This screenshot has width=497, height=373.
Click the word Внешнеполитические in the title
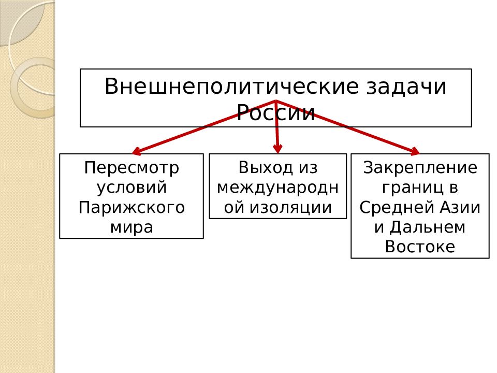tap(232, 87)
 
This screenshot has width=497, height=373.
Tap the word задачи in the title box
tap(406, 87)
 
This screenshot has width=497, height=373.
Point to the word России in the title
tap(276, 112)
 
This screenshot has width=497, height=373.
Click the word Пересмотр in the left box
tap(131, 168)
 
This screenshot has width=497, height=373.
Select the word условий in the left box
tap(131, 187)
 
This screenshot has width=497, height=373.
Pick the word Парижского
tap(131, 207)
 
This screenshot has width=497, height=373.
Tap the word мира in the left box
tap(131, 227)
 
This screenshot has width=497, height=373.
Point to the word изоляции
tap(290, 207)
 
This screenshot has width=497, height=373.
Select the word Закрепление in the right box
tap(420, 167)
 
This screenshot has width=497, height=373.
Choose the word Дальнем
tap(427, 227)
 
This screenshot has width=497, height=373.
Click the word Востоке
tap(420, 247)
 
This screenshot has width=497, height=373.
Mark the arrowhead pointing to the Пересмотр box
tap(136, 151)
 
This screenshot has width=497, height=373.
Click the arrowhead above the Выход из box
tap(277, 149)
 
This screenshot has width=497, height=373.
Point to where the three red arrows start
tap(276, 101)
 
